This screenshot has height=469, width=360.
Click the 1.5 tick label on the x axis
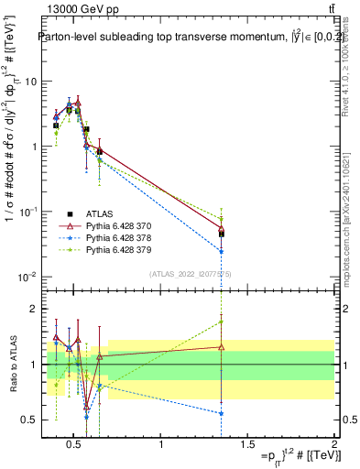247,445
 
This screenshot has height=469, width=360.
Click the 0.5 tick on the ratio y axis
29,420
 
